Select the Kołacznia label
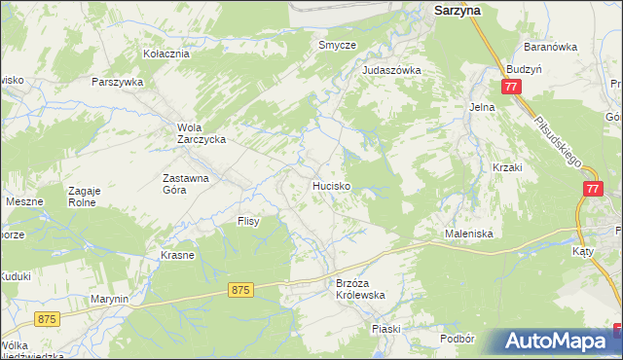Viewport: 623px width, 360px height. pos(165,54)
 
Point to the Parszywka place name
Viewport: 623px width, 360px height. pos(118,82)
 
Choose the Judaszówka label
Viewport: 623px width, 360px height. pos(391,70)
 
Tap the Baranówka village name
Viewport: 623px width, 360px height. pos(551,46)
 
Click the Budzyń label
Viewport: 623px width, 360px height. pos(524,70)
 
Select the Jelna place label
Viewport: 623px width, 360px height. pos(482,107)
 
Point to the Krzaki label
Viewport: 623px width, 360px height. pos(508,167)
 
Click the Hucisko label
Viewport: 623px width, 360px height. pos(331,184)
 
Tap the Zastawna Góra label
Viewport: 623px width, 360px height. pos(188,185)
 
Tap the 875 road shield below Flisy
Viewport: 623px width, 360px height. pos(242,290)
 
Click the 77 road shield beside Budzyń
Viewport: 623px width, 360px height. pos(512,88)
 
